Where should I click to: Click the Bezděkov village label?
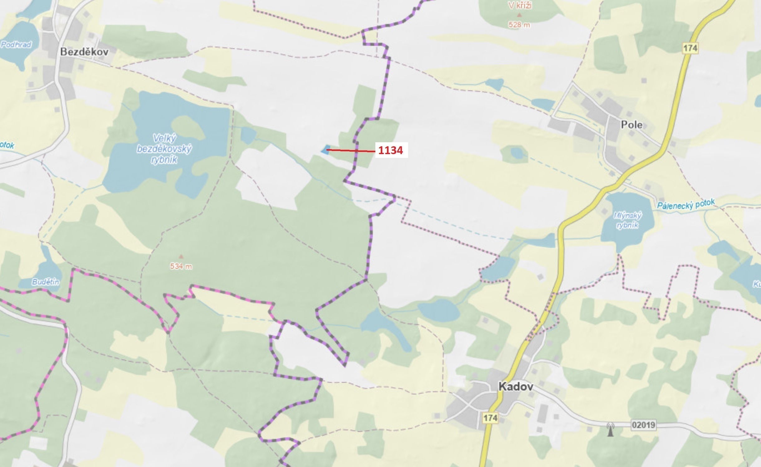pyautogui.click(x=84, y=52)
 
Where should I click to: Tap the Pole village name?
pyautogui.click(x=632, y=125)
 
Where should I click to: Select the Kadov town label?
pyautogui.click(x=515, y=387)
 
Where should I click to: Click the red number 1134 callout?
pyautogui.click(x=391, y=150)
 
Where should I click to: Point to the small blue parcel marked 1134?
pyautogui.click(x=325, y=149)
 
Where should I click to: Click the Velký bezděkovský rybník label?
pyautogui.click(x=164, y=149)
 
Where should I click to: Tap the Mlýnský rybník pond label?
pyautogui.click(x=627, y=220)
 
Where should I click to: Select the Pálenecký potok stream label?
pyautogui.click(x=686, y=204)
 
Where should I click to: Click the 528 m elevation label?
pyautogui.click(x=519, y=25)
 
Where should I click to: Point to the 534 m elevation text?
pyautogui.click(x=181, y=266)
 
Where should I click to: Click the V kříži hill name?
pyautogui.click(x=520, y=5)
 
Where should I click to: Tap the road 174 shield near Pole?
pyautogui.click(x=690, y=48)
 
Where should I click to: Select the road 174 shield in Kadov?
pyautogui.click(x=490, y=418)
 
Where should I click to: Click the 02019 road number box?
pyautogui.click(x=643, y=425)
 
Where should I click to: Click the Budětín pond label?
pyautogui.click(x=46, y=282)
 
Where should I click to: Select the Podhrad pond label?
pyautogui.click(x=16, y=45)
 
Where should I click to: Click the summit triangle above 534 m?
pyautogui.click(x=181, y=257)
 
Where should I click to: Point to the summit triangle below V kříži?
pyautogui.click(x=519, y=15)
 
